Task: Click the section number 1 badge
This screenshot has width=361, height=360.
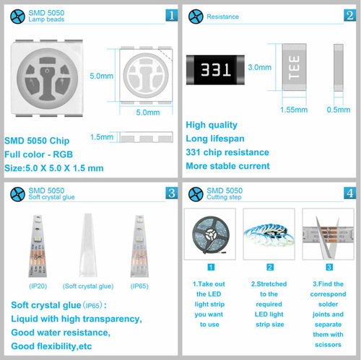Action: [172, 15]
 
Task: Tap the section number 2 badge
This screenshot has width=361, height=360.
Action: [349, 15]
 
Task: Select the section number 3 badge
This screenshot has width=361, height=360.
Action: [172, 193]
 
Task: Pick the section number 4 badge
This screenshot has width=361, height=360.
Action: [349, 193]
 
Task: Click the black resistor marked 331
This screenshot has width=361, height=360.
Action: [215, 70]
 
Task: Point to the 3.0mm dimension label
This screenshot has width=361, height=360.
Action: [260, 67]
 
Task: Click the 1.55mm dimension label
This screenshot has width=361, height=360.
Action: [294, 110]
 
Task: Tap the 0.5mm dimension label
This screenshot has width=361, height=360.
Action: [339, 110]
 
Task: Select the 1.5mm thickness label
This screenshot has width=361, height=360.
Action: [102, 137]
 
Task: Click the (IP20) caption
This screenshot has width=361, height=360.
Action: [38, 286]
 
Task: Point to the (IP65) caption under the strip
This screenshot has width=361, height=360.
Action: [139, 286]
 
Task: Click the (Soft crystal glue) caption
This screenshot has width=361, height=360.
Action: [88, 286]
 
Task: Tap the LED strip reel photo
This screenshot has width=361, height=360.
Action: [210, 234]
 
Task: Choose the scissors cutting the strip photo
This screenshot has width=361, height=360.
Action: [329, 234]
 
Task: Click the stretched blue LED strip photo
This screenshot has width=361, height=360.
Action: [269, 234]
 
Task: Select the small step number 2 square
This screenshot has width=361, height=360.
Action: [270, 267]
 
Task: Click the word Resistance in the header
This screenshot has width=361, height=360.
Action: [223, 17]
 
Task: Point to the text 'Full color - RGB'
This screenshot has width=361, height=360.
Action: [39, 154]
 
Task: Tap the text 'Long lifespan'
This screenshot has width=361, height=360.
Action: [215, 139]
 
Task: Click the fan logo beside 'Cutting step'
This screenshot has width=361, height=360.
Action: [196, 194]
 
